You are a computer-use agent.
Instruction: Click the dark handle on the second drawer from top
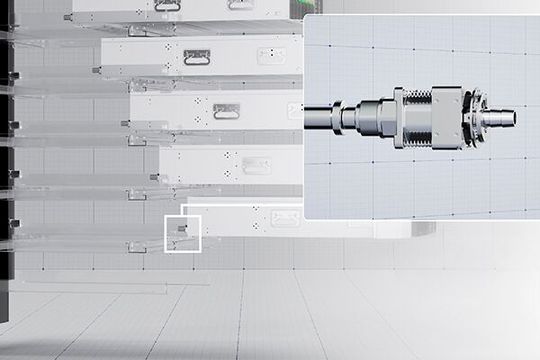(x=196, y=58)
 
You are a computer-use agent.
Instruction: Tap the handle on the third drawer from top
(x=224, y=112)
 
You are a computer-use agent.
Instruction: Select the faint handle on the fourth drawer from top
(x=256, y=164)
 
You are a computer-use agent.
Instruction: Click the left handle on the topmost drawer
(x=167, y=5)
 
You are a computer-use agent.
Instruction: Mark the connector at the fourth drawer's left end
(x=157, y=176)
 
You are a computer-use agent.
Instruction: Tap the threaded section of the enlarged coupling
(x=417, y=117)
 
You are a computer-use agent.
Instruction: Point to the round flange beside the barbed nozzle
(x=473, y=118)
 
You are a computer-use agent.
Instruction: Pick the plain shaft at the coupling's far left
(x=319, y=117)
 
